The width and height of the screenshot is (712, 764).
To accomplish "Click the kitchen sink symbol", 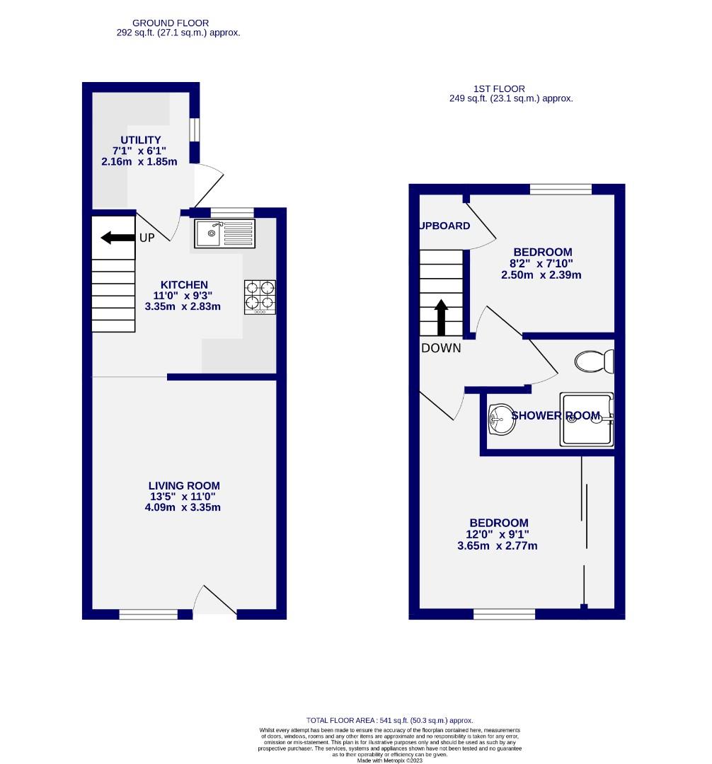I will [223, 233].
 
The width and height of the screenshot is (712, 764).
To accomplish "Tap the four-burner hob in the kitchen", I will [260, 297].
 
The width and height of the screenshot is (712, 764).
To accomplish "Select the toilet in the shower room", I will [593, 361].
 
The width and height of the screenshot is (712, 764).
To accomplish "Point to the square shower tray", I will [587, 419].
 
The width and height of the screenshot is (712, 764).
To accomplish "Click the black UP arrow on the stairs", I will [117, 238].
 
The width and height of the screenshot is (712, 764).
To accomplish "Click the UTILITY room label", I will [141, 140].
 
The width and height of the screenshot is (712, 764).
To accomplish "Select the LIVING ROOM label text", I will [184, 486].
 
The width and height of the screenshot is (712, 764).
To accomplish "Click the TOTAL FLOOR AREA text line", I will [389, 720].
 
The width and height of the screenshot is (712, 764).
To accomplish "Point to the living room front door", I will [214, 603].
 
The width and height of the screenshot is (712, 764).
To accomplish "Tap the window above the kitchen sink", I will [232, 212].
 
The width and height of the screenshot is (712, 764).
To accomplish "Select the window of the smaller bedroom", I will [561, 188].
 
